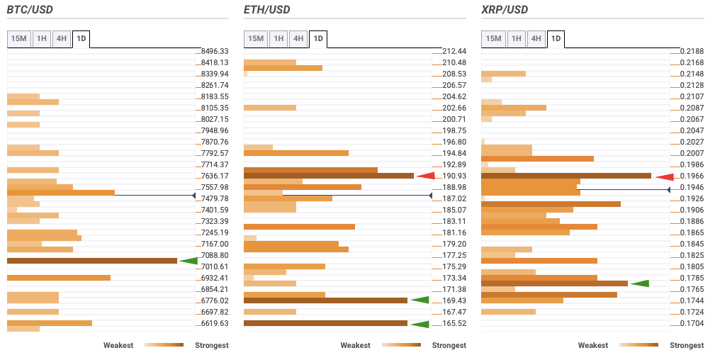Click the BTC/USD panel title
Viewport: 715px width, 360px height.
(x=30, y=10)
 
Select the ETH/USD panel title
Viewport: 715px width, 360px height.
(x=266, y=10)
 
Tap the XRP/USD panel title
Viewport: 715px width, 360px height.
(x=504, y=10)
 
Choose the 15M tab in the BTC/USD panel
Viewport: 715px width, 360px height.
(x=19, y=38)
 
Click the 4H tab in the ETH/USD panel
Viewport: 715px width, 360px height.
(x=298, y=38)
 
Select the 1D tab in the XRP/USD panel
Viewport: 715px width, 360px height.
(x=556, y=38)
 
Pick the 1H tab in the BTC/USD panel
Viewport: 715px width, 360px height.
(x=43, y=38)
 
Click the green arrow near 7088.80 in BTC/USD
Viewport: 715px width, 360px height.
(x=188, y=261)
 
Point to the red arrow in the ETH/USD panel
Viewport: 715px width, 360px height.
(x=426, y=176)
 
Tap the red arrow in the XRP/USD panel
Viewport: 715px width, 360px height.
(x=664, y=176)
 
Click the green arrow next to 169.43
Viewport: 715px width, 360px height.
(x=420, y=300)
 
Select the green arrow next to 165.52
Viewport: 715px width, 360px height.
(x=420, y=324)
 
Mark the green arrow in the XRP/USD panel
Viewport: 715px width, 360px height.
(x=640, y=283)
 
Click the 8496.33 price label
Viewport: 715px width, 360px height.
(x=215, y=51)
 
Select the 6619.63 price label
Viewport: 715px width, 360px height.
(x=215, y=323)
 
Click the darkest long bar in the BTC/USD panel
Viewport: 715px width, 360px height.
(x=92, y=261)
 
